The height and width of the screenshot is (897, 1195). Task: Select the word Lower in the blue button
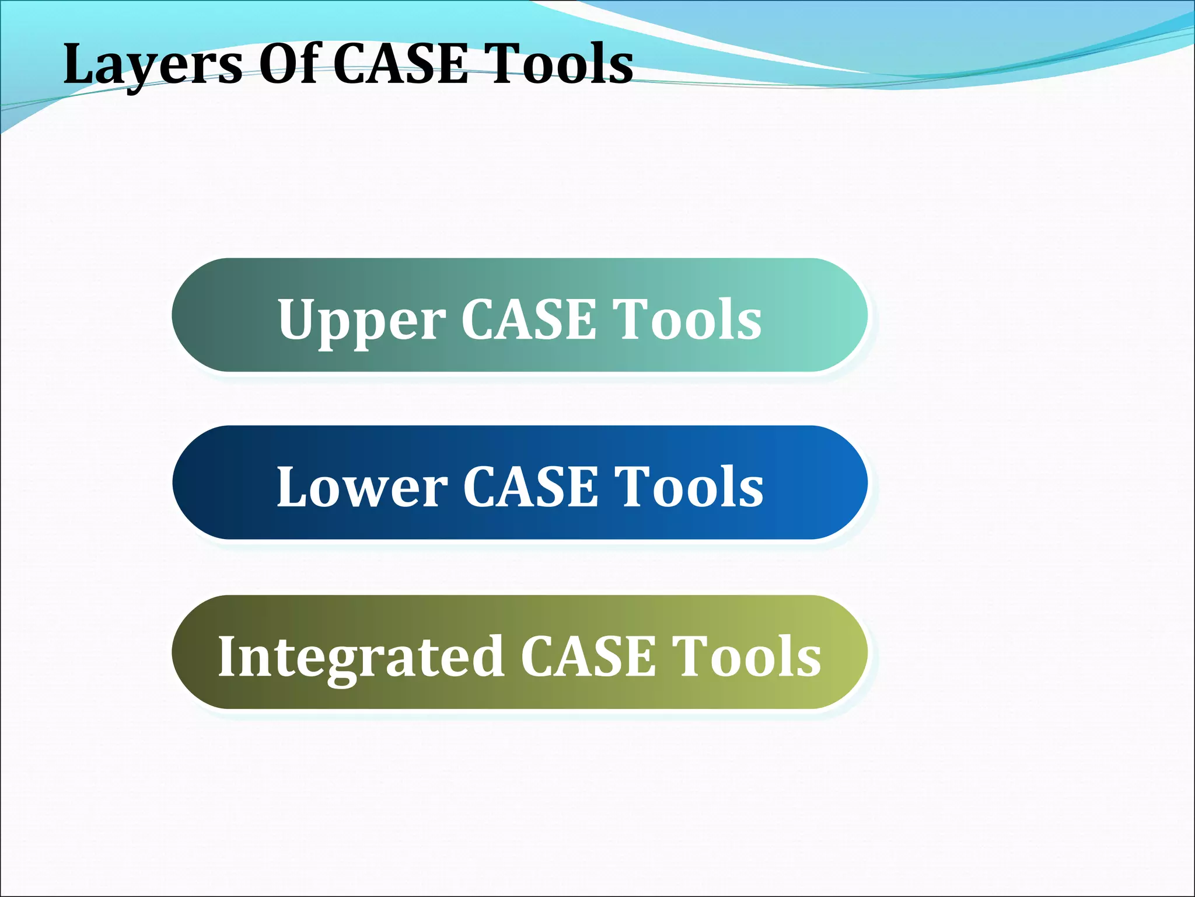click(x=362, y=487)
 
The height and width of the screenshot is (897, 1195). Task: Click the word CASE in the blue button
click(x=530, y=487)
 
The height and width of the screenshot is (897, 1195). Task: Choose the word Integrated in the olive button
click(x=361, y=658)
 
